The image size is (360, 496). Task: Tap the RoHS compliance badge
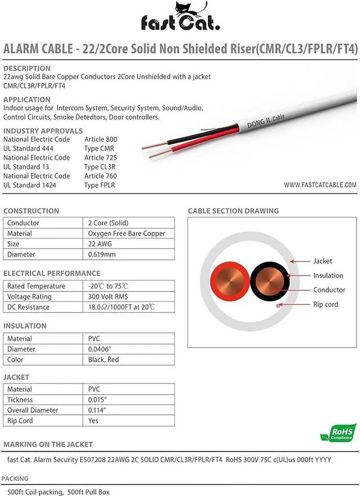pyautogui.click(x=337, y=432)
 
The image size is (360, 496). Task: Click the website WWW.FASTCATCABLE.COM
pyautogui.click(x=320, y=184)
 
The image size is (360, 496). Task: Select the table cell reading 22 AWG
pyautogui.click(x=100, y=244)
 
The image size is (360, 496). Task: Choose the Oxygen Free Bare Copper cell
pyautogui.click(x=127, y=233)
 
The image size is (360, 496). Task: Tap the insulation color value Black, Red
pyautogui.click(x=103, y=359)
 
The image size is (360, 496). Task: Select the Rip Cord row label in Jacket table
pyautogui.click(x=20, y=421)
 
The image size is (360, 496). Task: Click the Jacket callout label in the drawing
pyautogui.click(x=322, y=261)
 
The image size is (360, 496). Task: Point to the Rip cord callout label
pyautogui.click(x=326, y=304)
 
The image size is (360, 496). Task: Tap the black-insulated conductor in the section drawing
pyautogui.click(x=270, y=279)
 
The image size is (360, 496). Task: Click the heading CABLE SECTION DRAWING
pyautogui.click(x=233, y=211)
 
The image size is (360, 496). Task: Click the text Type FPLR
pyautogui.click(x=100, y=185)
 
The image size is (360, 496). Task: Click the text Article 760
pyautogui.click(x=101, y=176)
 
